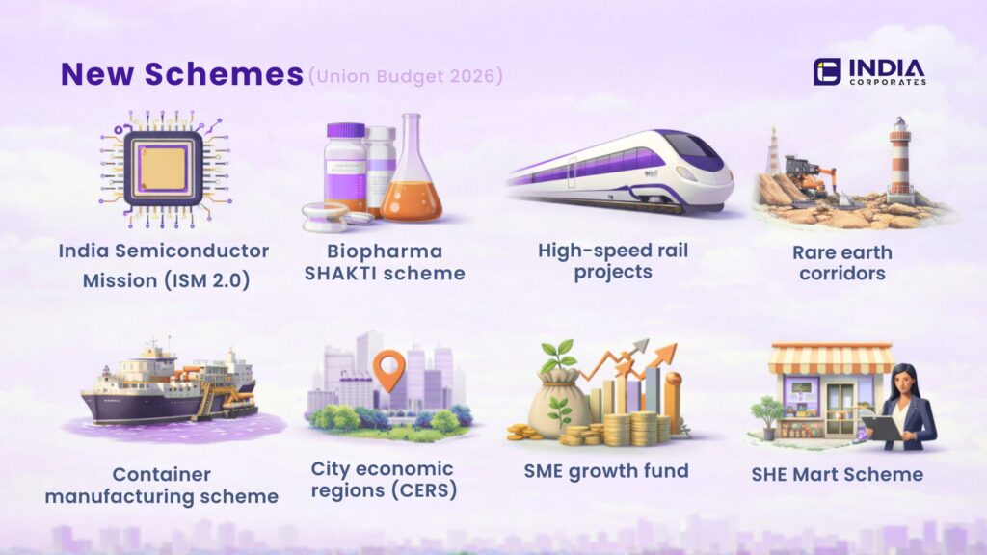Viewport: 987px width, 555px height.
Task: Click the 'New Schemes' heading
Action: [181, 74]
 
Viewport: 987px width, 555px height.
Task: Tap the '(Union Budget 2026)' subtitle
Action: [405, 74]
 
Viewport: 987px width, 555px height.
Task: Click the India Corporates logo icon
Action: [826, 71]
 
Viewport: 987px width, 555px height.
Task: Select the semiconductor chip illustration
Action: [163, 161]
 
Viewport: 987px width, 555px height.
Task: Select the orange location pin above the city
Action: [388, 370]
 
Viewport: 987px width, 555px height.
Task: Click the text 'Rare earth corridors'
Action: [841, 262]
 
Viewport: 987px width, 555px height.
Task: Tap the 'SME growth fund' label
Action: [605, 471]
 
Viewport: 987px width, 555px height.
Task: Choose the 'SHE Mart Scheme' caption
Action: [837, 474]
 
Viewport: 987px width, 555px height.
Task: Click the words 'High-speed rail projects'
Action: [612, 261]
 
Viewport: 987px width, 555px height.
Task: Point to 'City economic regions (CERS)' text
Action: [382, 480]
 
